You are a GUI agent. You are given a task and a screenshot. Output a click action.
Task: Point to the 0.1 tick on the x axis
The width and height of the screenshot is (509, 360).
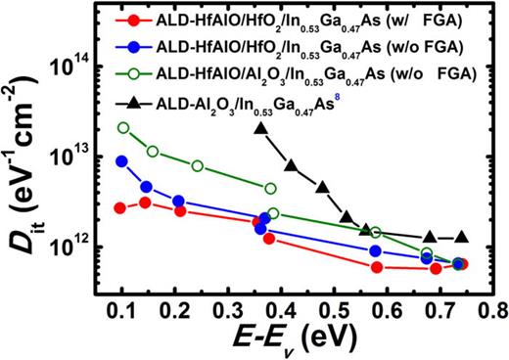click(122, 297)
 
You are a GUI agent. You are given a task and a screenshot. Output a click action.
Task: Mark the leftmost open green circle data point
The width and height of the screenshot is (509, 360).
click(122, 128)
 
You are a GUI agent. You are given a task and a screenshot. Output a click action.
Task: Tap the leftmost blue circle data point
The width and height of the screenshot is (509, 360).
click(121, 161)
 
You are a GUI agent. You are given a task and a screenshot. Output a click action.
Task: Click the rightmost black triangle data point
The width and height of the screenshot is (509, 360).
click(462, 238)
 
